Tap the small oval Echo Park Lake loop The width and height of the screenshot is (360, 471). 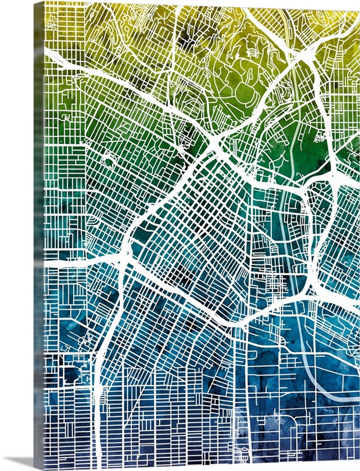109,159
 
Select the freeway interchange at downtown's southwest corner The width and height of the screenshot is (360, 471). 124,256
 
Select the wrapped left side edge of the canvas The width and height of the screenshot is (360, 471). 39,235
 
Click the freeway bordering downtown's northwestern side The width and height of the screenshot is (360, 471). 165,194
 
